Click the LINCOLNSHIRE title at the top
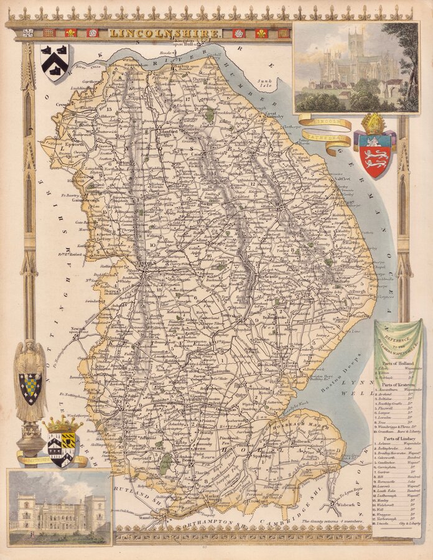pyautogui.click(x=164, y=33)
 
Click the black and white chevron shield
pyautogui.click(x=55, y=62)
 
